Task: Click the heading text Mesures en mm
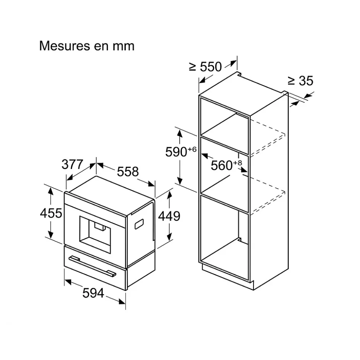[86, 46]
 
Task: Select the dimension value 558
[128, 171]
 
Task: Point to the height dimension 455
[51, 213]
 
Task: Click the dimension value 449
[169, 216]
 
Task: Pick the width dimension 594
[93, 293]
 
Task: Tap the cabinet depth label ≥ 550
[205, 67]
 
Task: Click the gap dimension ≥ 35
[300, 80]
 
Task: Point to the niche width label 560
[221, 165]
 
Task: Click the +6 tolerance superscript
[192, 149]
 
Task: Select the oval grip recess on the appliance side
[140, 224]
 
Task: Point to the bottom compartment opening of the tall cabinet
[223, 234]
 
